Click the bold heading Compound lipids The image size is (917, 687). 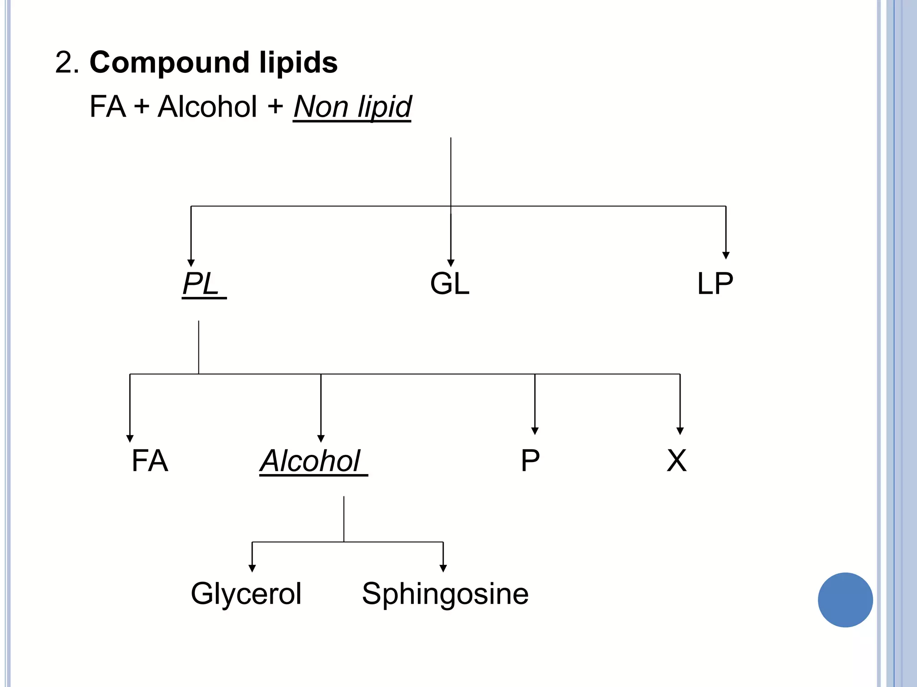coord(214,62)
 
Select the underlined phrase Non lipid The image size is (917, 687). coord(352,107)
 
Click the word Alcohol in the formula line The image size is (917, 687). coord(207,107)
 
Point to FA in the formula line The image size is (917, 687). coord(107,107)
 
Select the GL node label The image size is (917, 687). coord(450,284)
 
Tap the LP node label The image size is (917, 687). coord(715,284)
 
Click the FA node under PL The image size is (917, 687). coord(150,461)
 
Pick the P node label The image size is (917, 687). coord(530,461)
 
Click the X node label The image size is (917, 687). coord(676,461)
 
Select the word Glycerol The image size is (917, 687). coord(246,594)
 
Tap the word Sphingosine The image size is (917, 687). coord(445,594)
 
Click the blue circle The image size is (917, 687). coord(845,600)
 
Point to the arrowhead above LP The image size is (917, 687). coord(726,255)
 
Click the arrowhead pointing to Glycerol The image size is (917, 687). coord(252,568)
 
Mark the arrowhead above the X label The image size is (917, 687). coord(680,431)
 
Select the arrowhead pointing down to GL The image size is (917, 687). coord(451,263)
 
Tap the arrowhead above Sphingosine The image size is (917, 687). coord(443,568)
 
